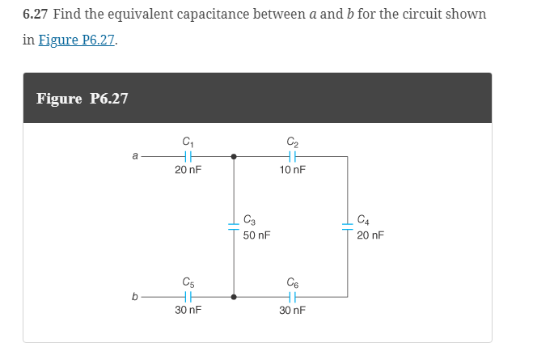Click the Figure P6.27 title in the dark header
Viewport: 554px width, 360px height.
coord(82,99)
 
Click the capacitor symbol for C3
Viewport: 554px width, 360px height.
coord(235,227)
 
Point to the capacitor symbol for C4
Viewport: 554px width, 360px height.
coord(348,227)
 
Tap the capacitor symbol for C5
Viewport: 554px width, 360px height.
coord(188,297)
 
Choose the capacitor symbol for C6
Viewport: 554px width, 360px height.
coord(292,297)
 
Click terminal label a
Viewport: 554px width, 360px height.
coord(134,156)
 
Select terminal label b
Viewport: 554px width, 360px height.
coord(134,297)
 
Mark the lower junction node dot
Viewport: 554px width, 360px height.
coord(235,297)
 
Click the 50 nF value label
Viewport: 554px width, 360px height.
coord(256,235)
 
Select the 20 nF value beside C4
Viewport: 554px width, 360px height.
coord(370,235)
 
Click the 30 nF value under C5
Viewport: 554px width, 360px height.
coord(188,311)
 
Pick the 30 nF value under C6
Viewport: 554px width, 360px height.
coord(292,311)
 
